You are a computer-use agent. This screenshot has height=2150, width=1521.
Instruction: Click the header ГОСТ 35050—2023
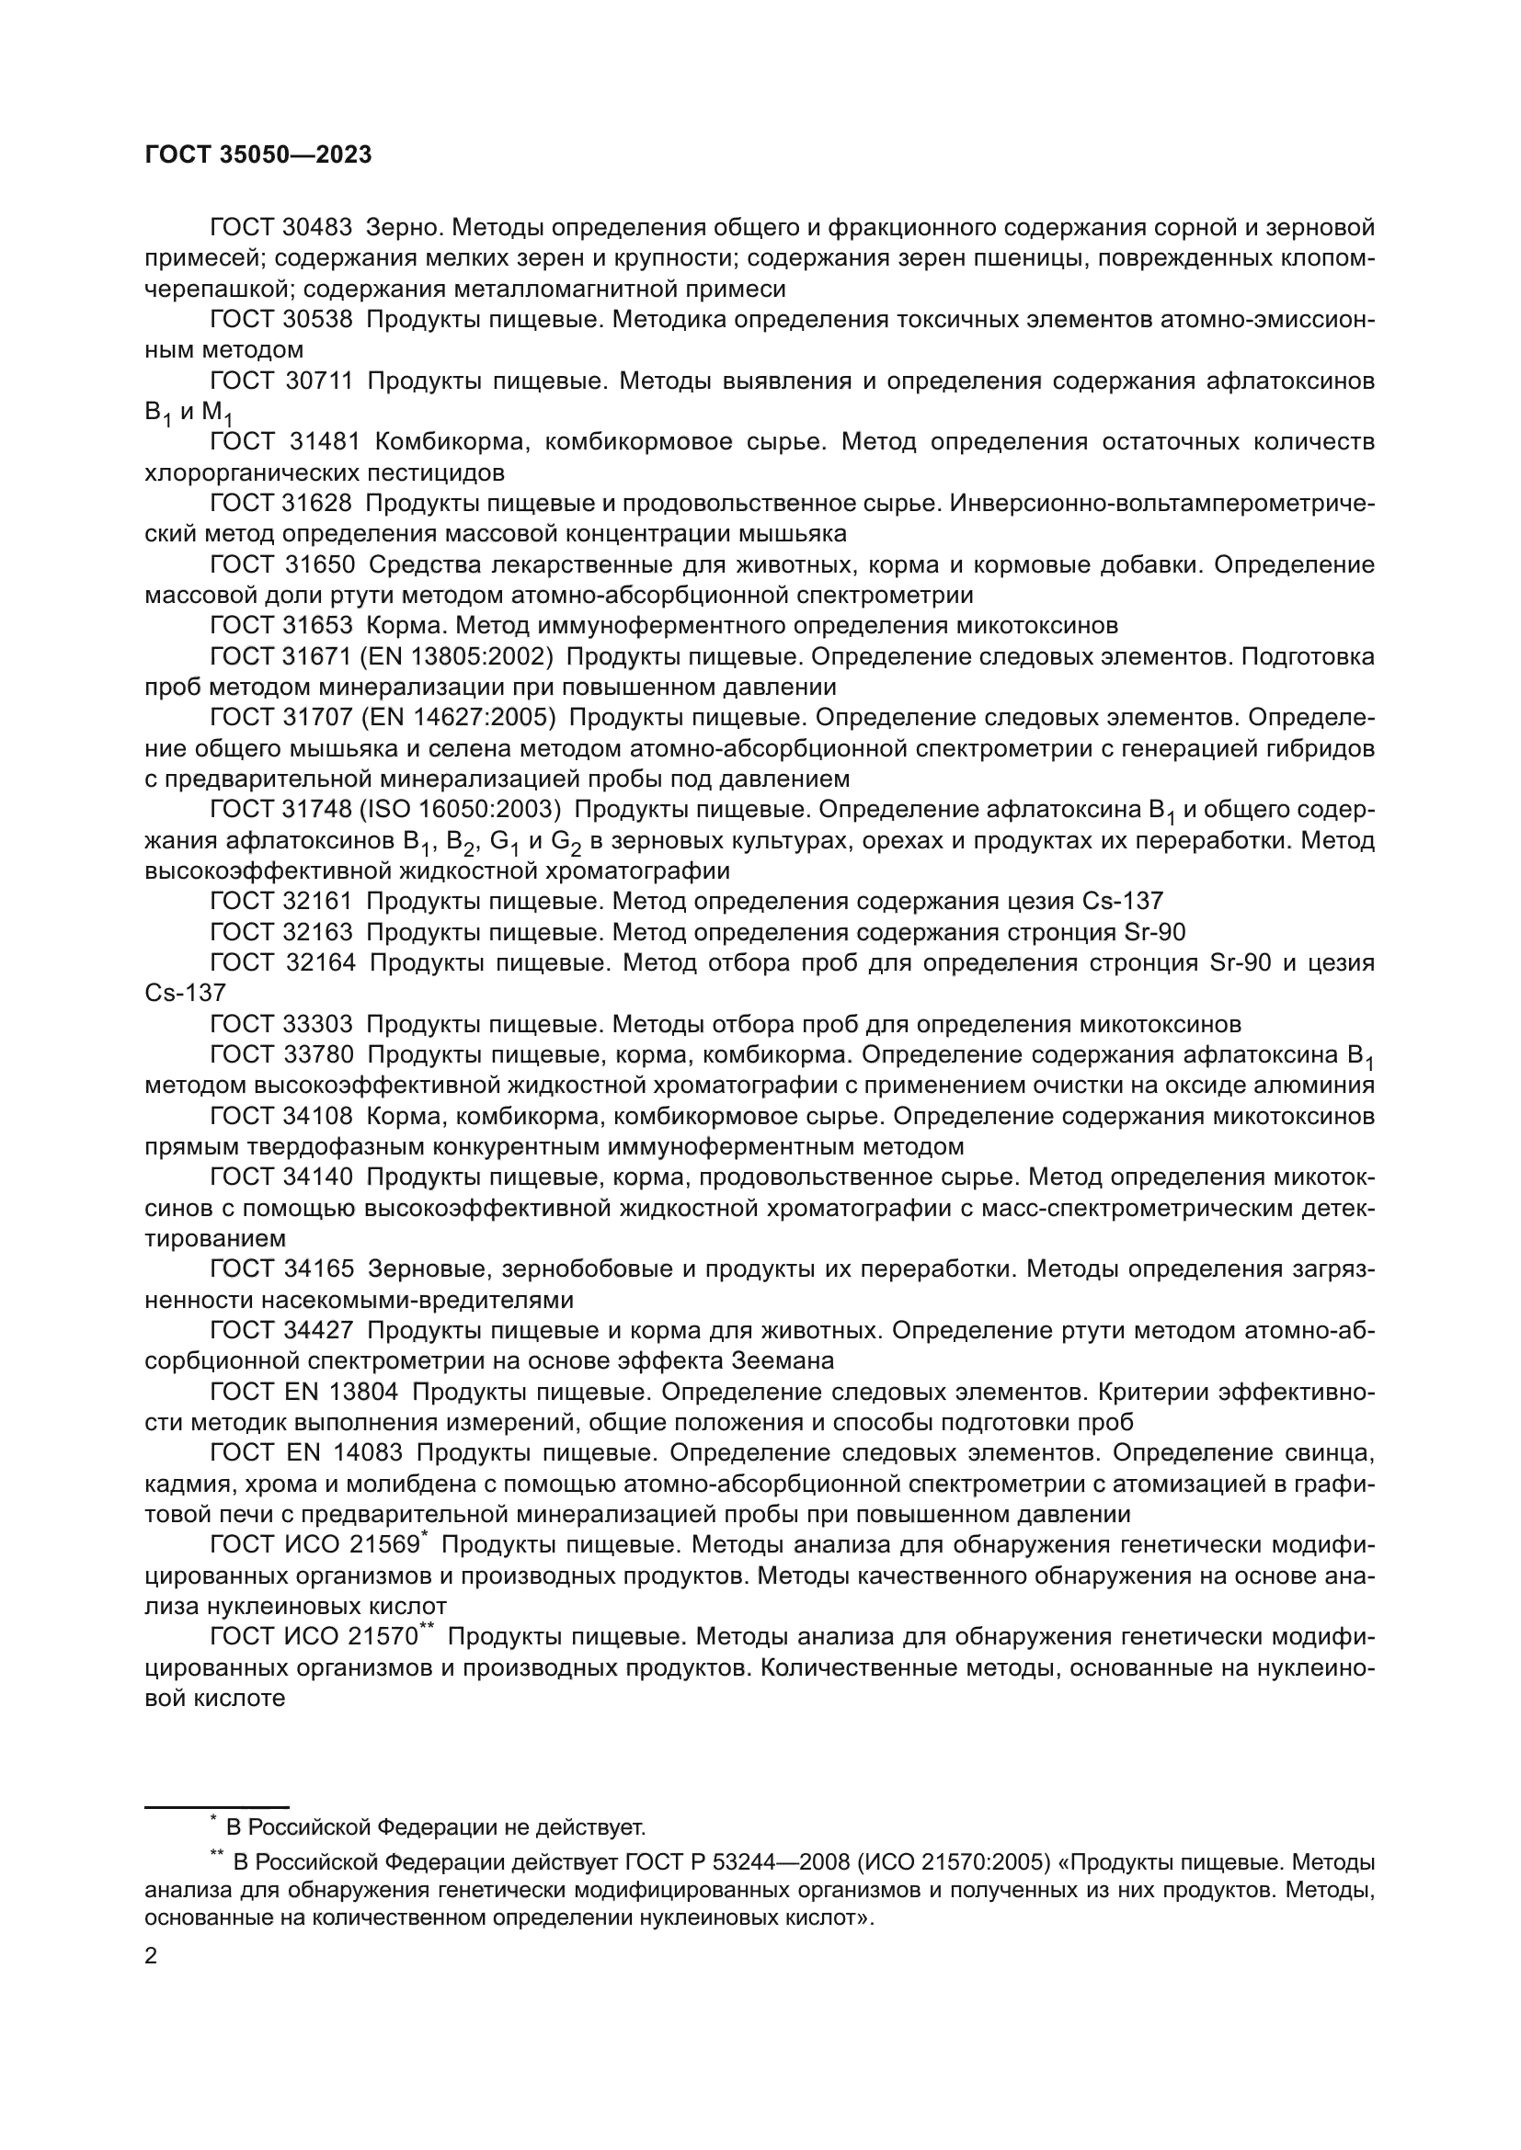click(258, 154)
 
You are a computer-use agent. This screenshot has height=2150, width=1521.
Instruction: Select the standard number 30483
click(317, 228)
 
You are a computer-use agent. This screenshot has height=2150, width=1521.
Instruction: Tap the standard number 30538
click(317, 319)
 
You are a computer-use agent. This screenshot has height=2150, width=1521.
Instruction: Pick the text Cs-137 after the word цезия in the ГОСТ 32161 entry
click(1123, 902)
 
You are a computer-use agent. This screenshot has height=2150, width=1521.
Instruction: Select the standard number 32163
click(317, 933)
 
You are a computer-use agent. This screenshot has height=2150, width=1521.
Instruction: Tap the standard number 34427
click(318, 1330)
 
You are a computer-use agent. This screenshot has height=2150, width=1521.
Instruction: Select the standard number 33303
click(317, 1024)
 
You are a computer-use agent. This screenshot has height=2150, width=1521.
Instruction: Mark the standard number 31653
click(317, 626)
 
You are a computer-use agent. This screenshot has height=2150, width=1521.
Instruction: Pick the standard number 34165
click(318, 1268)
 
